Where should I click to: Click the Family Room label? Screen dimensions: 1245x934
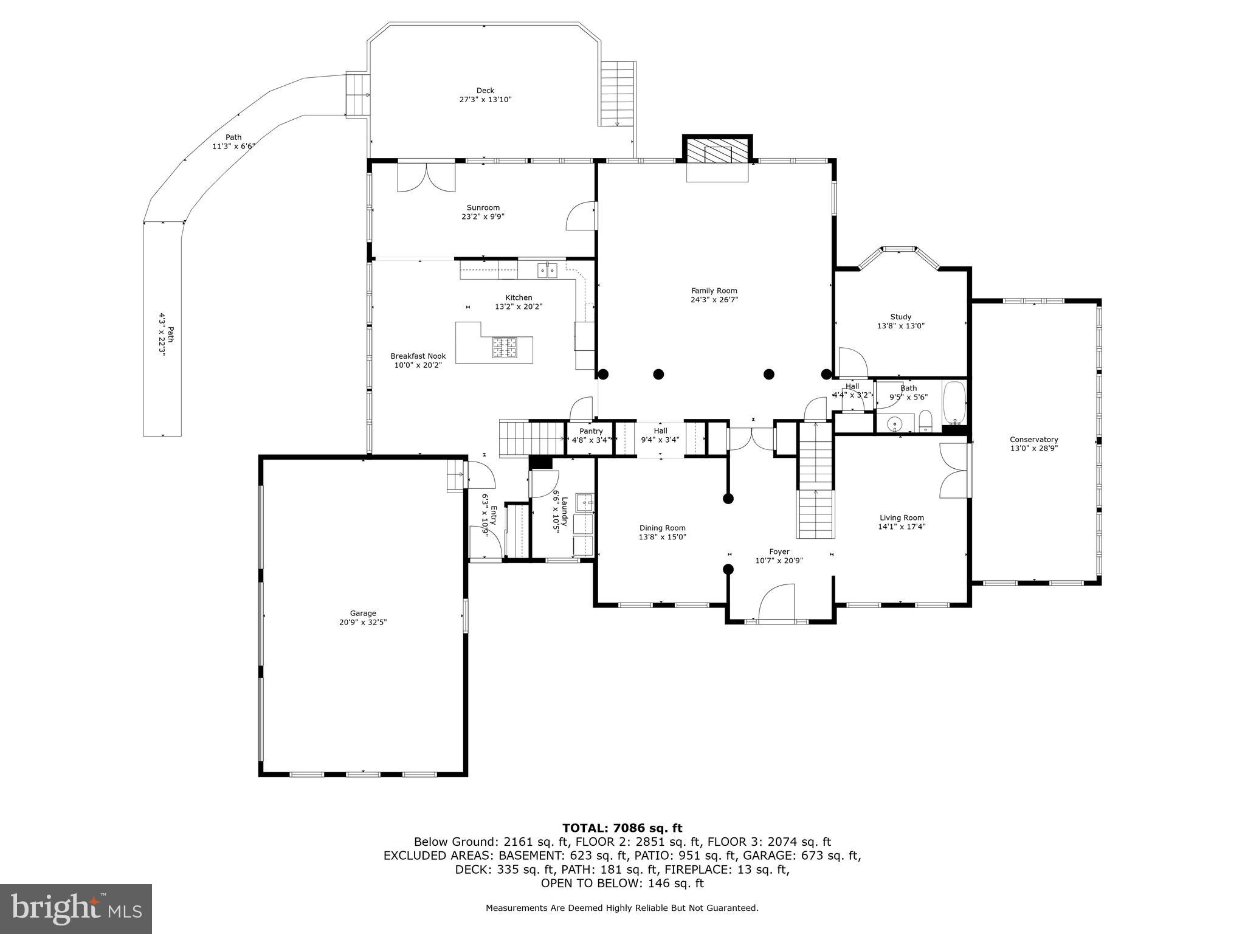tap(714, 291)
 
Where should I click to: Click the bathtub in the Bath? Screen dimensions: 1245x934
tap(953, 403)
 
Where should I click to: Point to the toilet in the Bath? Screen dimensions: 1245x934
tap(925, 421)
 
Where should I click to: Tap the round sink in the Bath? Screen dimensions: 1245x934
tap(895, 423)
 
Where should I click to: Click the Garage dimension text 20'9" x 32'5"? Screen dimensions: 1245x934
tap(363, 622)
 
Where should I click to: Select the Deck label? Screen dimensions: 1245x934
tap(485, 91)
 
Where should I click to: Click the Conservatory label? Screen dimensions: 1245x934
tap(1033, 440)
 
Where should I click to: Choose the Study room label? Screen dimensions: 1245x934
tap(900, 317)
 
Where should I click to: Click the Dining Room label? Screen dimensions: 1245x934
tap(662, 528)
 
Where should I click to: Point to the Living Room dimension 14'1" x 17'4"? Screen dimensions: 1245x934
tap(901, 527)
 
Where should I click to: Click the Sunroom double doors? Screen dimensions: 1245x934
tap(427, 177)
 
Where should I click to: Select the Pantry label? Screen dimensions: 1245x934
tap(591, 431)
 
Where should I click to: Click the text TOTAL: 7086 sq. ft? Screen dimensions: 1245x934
tap(622, 828)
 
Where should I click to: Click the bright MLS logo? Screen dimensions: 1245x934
tap(76, 908)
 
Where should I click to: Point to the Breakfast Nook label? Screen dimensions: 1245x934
tap(418, 356)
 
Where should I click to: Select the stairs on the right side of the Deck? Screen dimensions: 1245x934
tap(618, 94)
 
